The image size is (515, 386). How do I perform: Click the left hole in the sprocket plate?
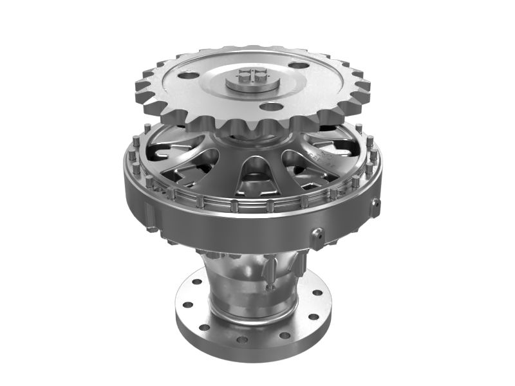(x=186, y=76)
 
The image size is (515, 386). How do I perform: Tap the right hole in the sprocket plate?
(x=297, y=64)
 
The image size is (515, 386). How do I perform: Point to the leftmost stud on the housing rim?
(x=128, y=158)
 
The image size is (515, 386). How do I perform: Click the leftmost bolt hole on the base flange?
(x=184, y=304)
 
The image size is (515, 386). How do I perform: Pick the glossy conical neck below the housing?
(x=238, y=277)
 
